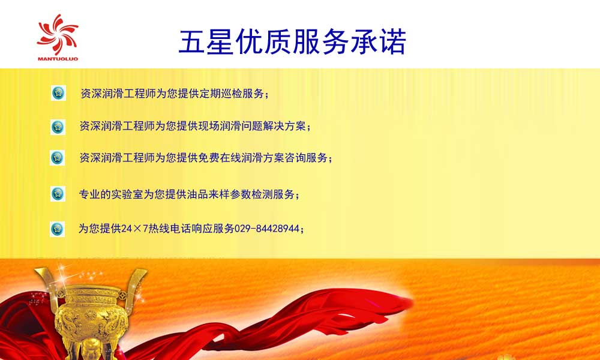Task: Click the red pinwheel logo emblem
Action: (58, 34)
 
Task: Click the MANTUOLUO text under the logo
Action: (58, 59)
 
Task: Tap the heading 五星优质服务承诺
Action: (292, 42)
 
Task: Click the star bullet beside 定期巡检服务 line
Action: (58, 93)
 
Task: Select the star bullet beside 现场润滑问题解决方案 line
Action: (58, 127)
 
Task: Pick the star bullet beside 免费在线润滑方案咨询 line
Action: (58, 158)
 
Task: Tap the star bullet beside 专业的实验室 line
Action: (58, 194)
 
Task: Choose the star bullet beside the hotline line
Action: (58, 229)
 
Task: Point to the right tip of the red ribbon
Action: (413, 302)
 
